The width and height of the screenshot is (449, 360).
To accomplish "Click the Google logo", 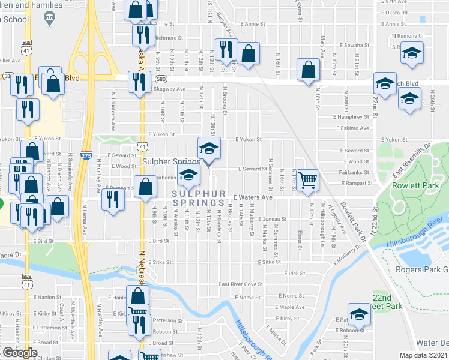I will (x=20, y=353).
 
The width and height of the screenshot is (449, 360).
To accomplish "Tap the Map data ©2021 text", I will (x=423, y=355).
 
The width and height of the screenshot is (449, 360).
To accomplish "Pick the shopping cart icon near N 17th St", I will (x=307, y=179).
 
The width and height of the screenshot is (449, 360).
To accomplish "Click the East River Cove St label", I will (x=241, y=284).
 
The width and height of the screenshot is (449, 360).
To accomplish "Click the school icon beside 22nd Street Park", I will (x=359, y=315).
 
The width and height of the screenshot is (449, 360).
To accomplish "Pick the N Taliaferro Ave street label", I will (x=113, y=112).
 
